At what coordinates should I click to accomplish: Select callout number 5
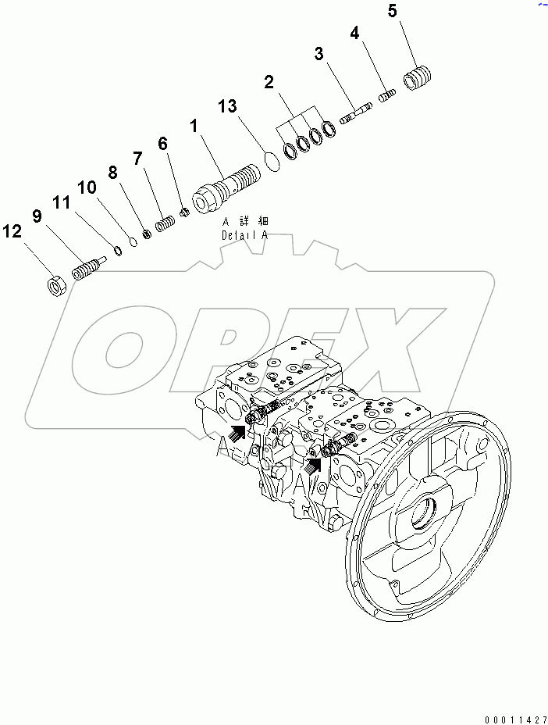[x=392, y=11]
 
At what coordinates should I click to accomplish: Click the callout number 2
[x=269, y=81]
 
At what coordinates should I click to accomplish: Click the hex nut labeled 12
[x=56, y=284]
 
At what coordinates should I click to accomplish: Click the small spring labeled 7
[x=163, y=224]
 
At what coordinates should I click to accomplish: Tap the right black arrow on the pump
[x=313, y=466]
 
